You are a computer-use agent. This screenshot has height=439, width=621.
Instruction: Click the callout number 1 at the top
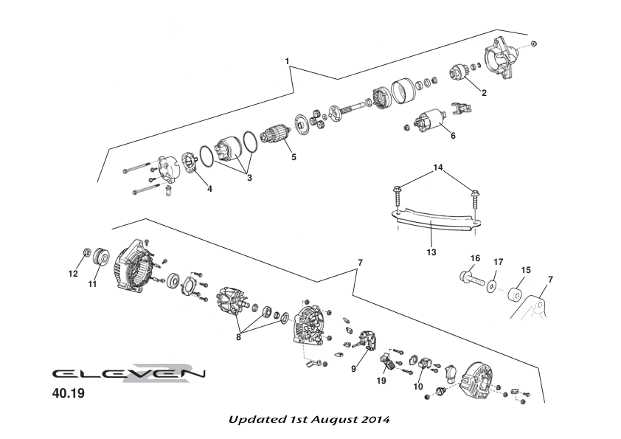[287, 61]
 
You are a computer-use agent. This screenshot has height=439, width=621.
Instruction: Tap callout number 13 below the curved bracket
[431, 252]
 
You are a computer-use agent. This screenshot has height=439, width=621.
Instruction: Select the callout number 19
[381, 381]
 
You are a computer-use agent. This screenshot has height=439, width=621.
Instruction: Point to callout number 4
[209, 189]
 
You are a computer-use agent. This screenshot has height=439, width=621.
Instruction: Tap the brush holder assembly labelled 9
[365, 343]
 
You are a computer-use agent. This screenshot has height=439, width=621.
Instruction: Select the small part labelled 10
[424, 363]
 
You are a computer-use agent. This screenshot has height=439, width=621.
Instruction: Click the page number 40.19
[68, 393]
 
